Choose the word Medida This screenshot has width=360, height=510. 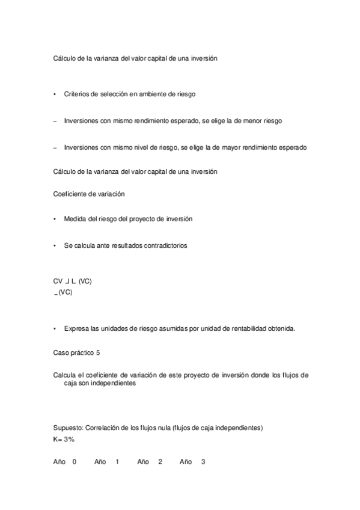[x=75, y=220]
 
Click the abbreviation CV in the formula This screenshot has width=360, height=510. [x=58, y=281]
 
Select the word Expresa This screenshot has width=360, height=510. [x=76, y=328]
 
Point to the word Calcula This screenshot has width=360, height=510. [x=66, y=375]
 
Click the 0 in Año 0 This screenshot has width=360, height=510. [x=75, y=462]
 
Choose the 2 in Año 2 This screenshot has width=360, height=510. [x=160, y=462]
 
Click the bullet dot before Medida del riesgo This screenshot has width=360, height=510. [x=55, y=220]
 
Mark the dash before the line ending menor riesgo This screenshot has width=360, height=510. [x=55, y=121]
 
